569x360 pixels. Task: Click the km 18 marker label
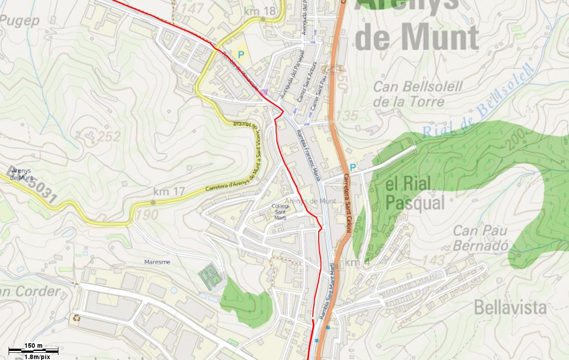(x=259, y=10)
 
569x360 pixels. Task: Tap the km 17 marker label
(x=169, y=192)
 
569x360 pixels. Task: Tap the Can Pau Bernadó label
(x=480, y=238)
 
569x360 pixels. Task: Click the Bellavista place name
(x=510, y=307)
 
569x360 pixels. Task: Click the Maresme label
(x=157, y=262)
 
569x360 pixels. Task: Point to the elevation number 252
(x=109, y=136)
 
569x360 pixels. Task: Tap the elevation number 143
(x=434, y=260)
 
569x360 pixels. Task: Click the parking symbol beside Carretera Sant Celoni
(x=353, y=168)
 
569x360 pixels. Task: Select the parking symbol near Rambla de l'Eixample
(x=241, y=55)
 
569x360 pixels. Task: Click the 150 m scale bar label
(x=33, y=346)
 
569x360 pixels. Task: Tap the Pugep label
(x=19, y=20)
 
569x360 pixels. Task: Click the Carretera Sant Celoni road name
(x=347, y=204)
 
